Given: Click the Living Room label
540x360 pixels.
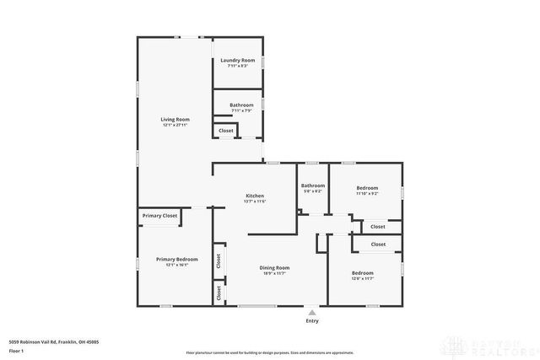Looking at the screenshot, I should click(175, 119).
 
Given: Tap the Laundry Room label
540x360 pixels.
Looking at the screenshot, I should click(237, 60).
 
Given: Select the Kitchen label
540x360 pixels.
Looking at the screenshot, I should click(254, 196).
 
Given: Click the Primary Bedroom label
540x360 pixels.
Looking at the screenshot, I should click(176, 259).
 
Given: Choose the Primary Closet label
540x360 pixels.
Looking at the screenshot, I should click(159, 216).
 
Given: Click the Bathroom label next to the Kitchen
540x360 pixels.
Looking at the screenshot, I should click(313, 185).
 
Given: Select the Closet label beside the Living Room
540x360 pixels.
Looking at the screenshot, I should click(226, 131).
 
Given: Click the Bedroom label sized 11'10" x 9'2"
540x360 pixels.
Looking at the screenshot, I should click(367, 187).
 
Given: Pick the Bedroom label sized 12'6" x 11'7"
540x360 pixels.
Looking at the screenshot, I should click(363, 273).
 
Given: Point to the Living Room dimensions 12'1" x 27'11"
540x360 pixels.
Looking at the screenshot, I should click(175, 125).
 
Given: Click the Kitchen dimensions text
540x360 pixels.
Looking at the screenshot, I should click(254, 201).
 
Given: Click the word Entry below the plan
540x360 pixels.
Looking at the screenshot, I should click(312, 321).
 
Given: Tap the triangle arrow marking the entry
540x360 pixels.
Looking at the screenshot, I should click(312, 312).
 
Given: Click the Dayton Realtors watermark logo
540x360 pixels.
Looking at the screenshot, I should click(505, 347).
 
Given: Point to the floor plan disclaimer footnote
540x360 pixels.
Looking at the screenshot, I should click(269, 352).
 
